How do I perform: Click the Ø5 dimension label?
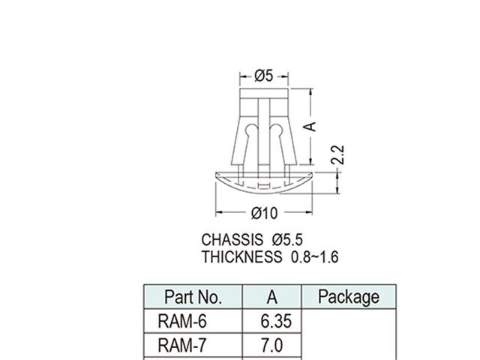[x=263, y=76]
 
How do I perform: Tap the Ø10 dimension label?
[x=264, y=214]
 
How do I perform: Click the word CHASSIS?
[x=232, y=240]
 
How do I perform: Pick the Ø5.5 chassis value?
[x=288, y=240]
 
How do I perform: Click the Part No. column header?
[x=193, y=297]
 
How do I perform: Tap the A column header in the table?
[x=271, y=297]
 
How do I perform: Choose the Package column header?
[x=349, y=297]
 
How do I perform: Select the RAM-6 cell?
[x=182, y=321]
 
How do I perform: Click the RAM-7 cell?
[x=182, y=346]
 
